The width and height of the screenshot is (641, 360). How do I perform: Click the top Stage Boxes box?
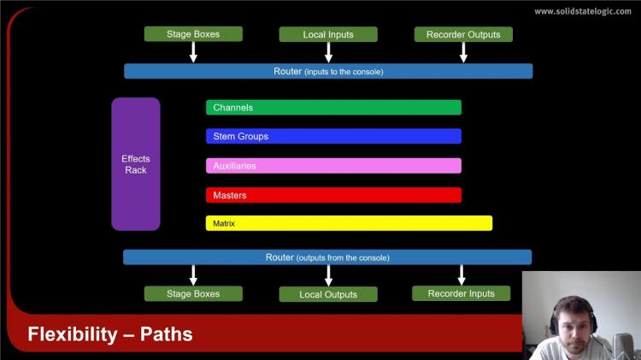(193, 34)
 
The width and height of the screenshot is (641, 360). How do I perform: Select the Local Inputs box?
(328, 34)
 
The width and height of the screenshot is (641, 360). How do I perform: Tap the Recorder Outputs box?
(463, 34)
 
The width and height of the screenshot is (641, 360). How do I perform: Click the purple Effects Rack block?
(136, 164)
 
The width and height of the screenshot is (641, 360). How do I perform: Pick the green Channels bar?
(333, 108)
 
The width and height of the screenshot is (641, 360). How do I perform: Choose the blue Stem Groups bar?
(333, 136)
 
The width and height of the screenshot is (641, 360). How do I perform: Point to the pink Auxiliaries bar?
(333, 166)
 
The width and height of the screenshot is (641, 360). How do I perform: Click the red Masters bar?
(333, 195)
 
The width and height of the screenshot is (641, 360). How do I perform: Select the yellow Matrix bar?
(349, 223)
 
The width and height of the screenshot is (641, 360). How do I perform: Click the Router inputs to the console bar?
(328, 71)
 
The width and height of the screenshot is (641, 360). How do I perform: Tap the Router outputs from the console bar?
(327, 257)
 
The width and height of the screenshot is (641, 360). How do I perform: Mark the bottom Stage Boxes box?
(193, 293)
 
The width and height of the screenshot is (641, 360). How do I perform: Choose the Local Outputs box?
(328, 294)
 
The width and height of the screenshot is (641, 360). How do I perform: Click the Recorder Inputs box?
(461, 293)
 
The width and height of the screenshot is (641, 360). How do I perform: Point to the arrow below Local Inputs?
(328, 52)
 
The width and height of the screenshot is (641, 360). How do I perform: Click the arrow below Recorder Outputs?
(463, 52)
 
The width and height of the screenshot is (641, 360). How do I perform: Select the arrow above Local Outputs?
(328, 275)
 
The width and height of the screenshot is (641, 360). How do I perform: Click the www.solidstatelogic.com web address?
(584, 11)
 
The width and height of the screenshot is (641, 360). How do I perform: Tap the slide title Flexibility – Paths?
(110, 334)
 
